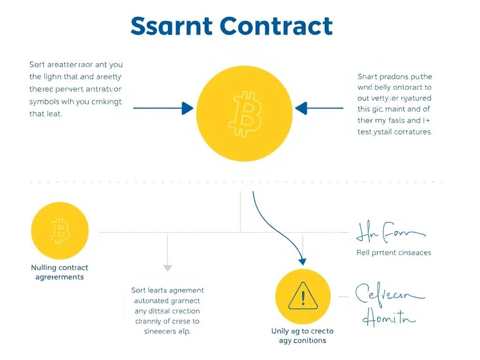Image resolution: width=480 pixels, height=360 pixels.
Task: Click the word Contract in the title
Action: pos(276,26)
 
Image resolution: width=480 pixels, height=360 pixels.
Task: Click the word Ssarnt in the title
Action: pos(172,26)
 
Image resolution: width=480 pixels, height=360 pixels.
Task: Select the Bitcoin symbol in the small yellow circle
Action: pos(60,231)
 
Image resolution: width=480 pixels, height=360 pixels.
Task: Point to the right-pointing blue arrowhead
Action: pos(187,108)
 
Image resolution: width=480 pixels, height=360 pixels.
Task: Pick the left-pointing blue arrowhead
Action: pos(300,108)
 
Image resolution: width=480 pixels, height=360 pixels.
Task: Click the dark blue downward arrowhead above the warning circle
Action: pos(302,262)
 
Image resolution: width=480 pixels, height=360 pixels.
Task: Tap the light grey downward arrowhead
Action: pos(167,268)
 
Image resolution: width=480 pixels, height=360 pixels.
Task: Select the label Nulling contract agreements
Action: pos(60,272)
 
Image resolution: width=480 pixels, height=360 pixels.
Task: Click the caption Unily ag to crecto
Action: pos(302,331)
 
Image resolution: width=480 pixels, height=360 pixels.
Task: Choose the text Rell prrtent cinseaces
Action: pos(394,253)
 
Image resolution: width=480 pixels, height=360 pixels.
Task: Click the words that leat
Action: pos(45,113)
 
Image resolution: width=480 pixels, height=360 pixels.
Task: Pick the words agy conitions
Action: pos(302,340)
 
